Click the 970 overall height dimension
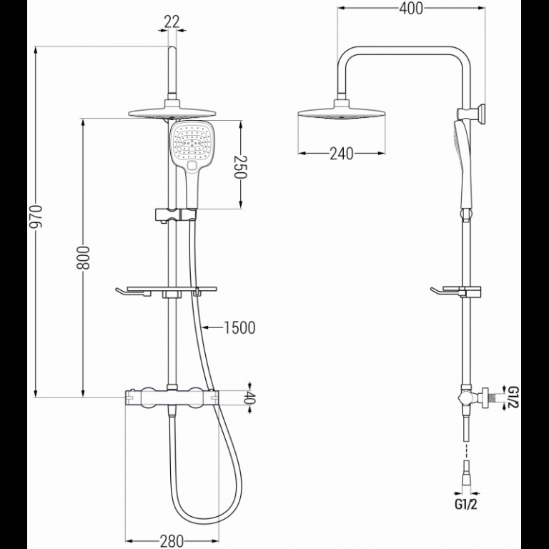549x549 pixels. (35, 217)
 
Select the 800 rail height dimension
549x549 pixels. (83, 257)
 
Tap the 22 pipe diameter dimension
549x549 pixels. (172, 22)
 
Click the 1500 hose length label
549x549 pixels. (239, 327)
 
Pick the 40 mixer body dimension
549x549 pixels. (249, 397)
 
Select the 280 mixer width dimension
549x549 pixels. (172, 541)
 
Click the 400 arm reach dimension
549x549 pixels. (411, 9)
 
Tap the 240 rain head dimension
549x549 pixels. (342, 154)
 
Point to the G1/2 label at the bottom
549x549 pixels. (466, 504)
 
